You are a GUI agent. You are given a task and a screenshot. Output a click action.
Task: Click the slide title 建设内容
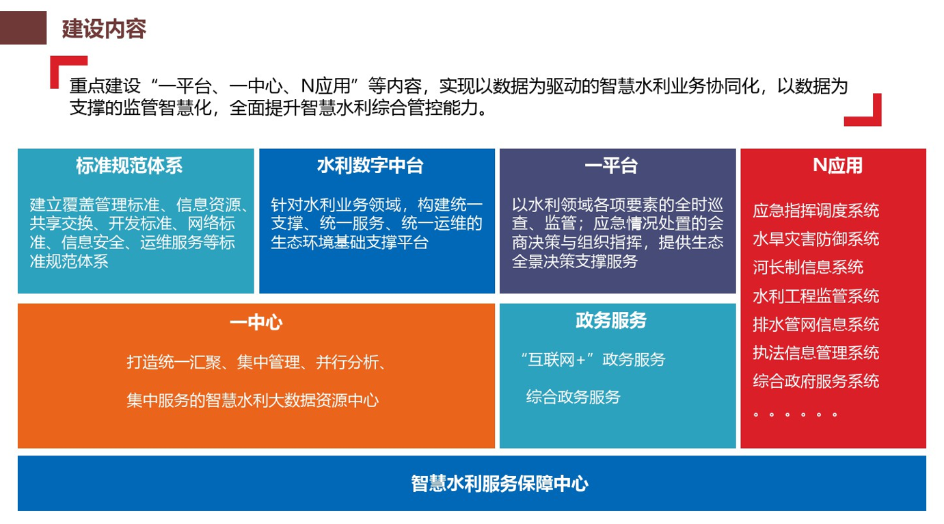coord(104,29)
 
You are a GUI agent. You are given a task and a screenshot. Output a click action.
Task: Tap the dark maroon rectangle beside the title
coord(23,28)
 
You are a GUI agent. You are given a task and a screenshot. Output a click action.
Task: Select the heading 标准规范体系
coord(129,166)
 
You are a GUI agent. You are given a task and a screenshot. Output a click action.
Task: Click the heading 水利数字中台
coord(370,166)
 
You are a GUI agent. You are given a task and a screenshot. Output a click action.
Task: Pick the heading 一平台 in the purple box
coord(610,166)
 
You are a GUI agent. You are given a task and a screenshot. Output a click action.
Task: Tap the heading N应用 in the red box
coord(837,166)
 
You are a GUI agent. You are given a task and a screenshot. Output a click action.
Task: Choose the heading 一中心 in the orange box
coord(256,323)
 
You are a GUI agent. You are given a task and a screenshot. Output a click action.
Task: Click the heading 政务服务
coord(611,320)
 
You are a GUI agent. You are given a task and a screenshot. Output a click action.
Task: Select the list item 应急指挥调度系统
coord(816,211)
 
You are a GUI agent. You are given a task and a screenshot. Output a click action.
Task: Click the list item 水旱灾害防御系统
coord(816,239)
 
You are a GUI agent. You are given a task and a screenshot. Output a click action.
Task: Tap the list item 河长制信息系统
coord(808,267)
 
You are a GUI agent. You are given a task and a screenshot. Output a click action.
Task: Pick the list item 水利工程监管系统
coord(816,296)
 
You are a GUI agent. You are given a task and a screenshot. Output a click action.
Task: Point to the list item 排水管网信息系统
coord(816,324)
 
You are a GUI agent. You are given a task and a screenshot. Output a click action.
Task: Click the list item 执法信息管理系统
coord(816,352)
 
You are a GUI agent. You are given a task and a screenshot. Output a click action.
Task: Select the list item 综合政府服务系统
coord(816,381)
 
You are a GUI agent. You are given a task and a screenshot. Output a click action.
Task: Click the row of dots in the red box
coord(795,415)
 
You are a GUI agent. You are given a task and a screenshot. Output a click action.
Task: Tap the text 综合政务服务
coord(573,397)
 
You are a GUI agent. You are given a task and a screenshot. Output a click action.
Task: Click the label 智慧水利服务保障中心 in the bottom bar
coord(500,484)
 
